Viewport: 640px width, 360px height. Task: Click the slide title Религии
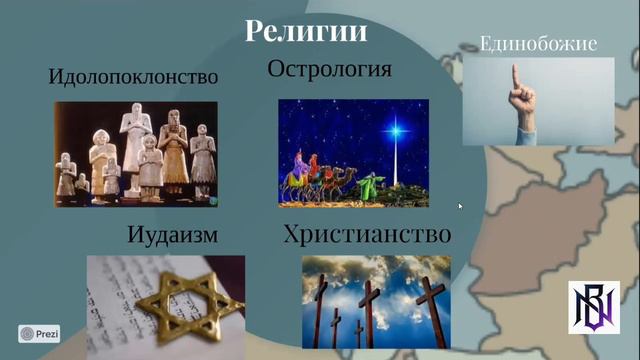tap(307, 31)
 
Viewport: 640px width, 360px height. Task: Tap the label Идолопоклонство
tap(133, 77)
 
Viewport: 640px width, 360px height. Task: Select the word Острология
tap(329, 69)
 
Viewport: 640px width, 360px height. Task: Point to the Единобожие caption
tap(538, 43)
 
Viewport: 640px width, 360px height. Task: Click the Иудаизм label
tap(173, 236)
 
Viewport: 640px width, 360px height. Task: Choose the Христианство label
tap(367, 235)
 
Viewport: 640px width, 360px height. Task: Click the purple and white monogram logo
tap(594, 307)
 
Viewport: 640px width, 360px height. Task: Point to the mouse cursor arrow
tap(460, 206)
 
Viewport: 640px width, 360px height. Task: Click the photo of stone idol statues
tap(135, 154)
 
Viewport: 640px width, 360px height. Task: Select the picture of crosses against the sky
tap(374, 301)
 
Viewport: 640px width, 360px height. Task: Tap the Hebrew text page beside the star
tap(120, 300)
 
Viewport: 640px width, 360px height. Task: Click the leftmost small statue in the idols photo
tap(67, 176)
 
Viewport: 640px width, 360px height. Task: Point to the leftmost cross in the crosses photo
tap(320, 310)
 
